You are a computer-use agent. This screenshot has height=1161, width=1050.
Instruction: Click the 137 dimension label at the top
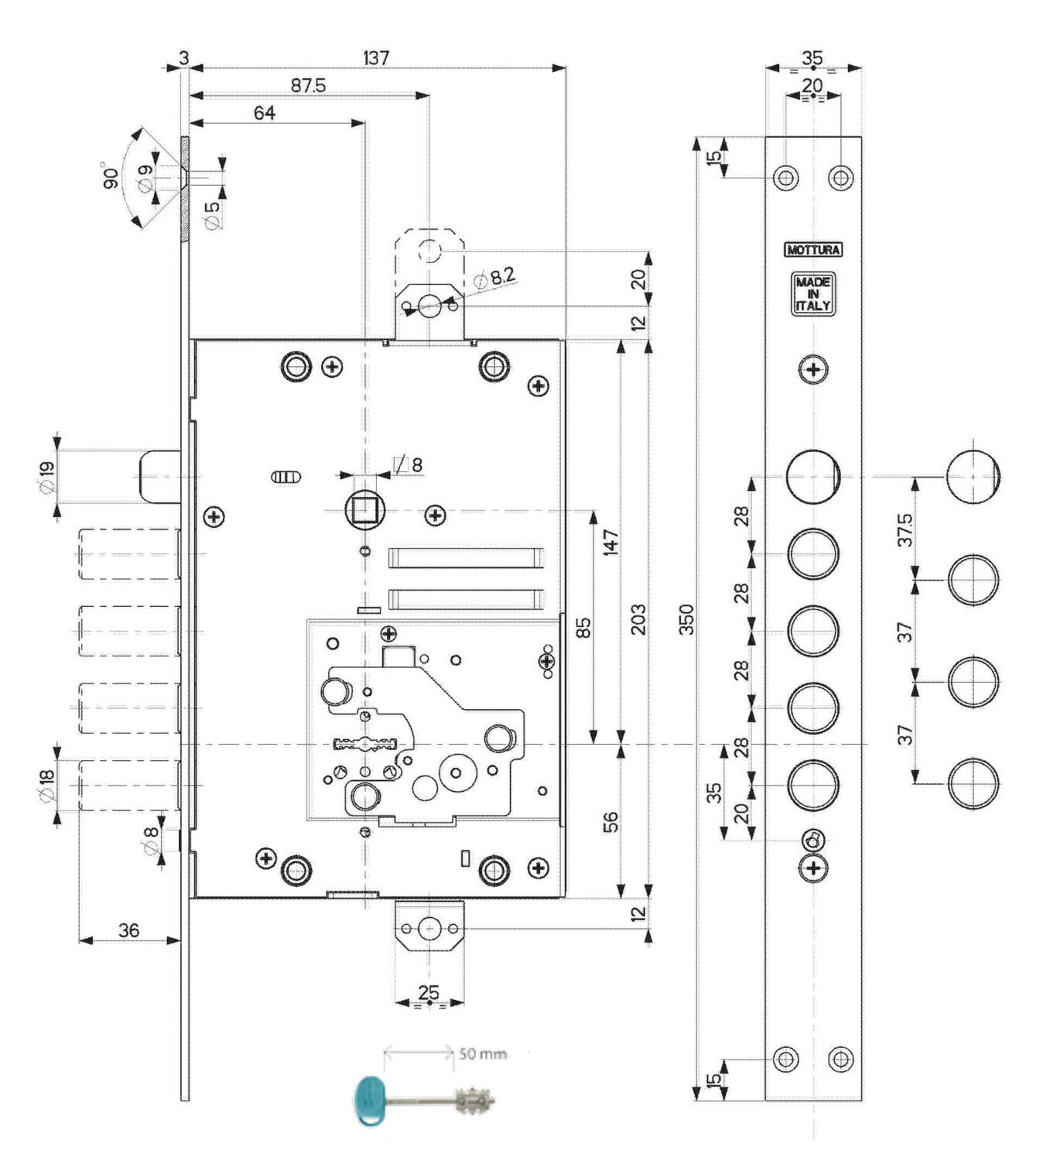pyautogui.click(x=376, y=57)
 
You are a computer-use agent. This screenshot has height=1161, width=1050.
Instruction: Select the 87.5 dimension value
pyautogui.click(x=309, y=85)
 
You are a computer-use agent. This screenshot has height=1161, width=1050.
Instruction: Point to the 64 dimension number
pyautogui.click(x=265, y=112)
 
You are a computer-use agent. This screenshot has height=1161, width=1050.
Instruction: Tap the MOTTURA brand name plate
pyautogui.click(x=813, y=250)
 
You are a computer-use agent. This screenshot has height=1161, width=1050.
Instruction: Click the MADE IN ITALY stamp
pyautogui.click(x=813, y=293)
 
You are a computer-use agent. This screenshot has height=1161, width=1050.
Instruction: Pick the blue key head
pyautogui.click(x=369, y=1101)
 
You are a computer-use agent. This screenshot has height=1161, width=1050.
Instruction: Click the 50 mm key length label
pyautogui.click(x=484, y=1053)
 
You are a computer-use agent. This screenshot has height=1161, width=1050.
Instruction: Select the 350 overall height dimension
pyautogui.click(x=686, y=619)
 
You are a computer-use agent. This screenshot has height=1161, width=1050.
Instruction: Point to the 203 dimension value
pyautogui.click(x=638, y=619)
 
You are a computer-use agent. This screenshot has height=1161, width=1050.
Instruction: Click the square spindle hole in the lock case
pyautogui.click(x=364, y=511)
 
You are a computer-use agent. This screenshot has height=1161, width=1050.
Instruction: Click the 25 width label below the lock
pyautogui.click(x=429, y=992)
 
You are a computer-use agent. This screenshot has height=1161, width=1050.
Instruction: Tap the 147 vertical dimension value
pyautogui.click(x=611, y=543)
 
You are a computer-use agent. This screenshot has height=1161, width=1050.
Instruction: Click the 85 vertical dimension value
pyautogui.click(x=585, y=628)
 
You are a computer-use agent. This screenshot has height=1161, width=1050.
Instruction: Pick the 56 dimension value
pyautogui.click(x=611, y=822)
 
